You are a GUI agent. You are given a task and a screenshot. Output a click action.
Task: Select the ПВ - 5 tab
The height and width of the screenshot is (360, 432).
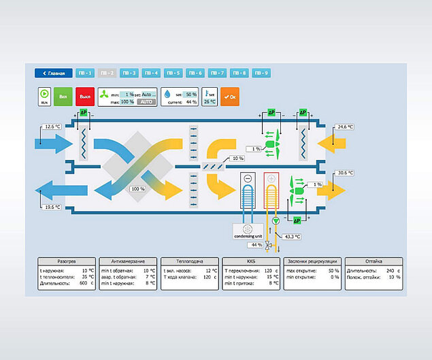point(173,73)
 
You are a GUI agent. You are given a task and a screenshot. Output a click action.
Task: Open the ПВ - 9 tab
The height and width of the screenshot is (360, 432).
point(261,73)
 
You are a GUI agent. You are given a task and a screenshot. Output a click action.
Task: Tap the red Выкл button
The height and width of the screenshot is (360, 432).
point(85,97)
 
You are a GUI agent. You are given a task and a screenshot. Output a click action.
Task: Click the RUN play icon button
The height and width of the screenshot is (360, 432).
point(44,97)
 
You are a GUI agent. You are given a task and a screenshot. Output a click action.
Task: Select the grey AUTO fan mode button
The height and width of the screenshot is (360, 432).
point(146,101)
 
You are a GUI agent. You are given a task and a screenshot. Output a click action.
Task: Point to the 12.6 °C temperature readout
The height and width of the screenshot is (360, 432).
point(52,127)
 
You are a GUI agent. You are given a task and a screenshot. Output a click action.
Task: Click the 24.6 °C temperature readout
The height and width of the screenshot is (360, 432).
point(344,127)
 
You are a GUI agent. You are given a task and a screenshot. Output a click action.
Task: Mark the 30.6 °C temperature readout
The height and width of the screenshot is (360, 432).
point(344,174)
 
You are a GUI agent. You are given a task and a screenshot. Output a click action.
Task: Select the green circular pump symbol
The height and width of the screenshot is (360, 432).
point(276,221)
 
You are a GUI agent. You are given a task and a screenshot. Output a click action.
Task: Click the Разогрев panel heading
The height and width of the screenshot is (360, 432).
point(66,261)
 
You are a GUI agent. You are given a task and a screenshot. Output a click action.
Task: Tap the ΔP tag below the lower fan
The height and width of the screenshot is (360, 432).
point(296,220)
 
